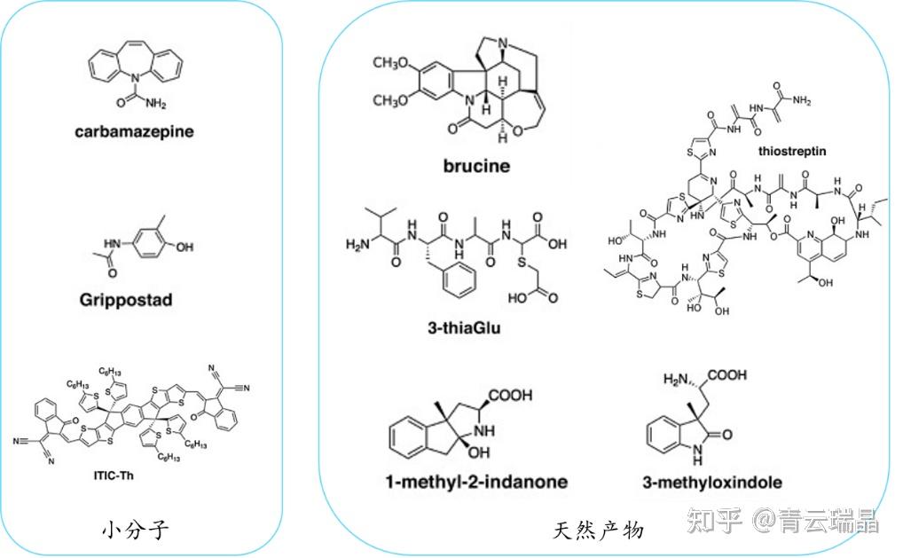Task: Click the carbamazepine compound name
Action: [x=134, y=132]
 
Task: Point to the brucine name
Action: [x=475, y=165]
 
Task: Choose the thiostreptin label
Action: [x=791, y=151]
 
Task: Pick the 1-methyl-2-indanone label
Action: [x=476, y=483]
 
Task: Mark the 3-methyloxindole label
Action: [x=711, y=483]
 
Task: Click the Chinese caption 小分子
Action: [x=134, y=530]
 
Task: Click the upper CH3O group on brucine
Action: [x=390, y=63]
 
